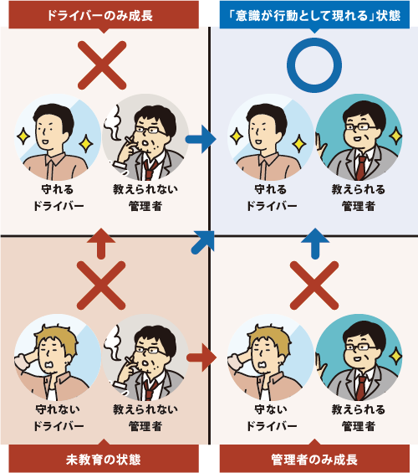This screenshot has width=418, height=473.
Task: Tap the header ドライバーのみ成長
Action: [104, 15]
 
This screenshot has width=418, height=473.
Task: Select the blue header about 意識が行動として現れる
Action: [314, 15]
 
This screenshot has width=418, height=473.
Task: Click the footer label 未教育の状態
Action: [104, 460]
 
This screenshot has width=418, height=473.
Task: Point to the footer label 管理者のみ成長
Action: [314, 460]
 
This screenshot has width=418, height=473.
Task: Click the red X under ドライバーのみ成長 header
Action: [102, 65]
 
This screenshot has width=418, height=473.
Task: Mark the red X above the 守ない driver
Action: [314, 285]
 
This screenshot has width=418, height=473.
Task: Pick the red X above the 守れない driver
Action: [101, 285]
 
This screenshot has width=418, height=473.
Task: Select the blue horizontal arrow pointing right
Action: [201, 139]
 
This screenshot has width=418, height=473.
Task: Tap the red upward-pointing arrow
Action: [101, 243]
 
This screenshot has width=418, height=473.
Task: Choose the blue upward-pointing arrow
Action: [315, 243]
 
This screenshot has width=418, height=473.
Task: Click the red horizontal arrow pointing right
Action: [201, 357]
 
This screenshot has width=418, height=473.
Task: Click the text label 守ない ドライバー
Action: [272, 418]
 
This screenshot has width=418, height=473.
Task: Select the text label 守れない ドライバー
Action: [59, 418]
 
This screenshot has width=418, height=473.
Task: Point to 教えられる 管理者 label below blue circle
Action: [359, 198]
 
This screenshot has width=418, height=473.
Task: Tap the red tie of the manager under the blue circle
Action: [360, 167]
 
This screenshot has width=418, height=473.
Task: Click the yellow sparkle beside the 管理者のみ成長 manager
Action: [395, 356]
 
